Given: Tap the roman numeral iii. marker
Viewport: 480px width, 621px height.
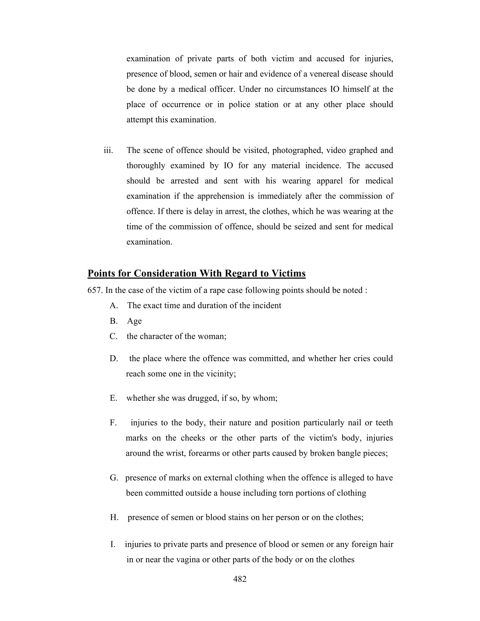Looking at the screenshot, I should coord(108,150).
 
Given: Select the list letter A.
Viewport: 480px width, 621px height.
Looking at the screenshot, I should coord(114,305).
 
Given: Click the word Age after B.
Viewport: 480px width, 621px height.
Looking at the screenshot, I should coord(134,321).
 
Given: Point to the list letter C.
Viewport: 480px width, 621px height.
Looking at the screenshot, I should coord(113,336).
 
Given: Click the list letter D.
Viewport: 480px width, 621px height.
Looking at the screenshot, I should coord(114,358).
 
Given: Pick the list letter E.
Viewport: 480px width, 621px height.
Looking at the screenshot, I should coord(113,398).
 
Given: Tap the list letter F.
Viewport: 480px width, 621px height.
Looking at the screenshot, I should coord(113,423).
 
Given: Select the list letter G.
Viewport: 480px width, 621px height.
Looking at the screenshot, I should coord(114,478).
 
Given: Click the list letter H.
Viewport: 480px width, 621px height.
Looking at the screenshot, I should coord(114,517).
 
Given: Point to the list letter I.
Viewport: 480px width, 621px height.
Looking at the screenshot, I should coord(112,544).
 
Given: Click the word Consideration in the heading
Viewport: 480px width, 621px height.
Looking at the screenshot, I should coord(165,273).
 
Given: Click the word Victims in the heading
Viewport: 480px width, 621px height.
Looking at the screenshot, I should coord(288,273).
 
